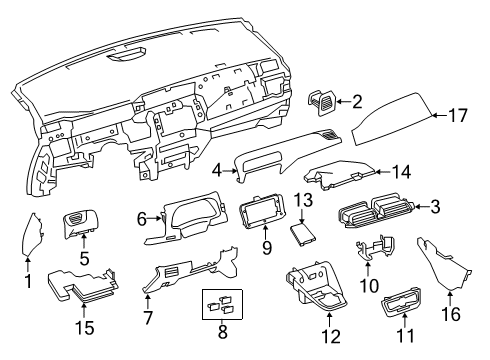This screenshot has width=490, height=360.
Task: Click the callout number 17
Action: pos(458,116)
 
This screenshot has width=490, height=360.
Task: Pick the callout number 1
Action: pos(28,283)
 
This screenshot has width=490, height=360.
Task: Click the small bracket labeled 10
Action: pos(373,253)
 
